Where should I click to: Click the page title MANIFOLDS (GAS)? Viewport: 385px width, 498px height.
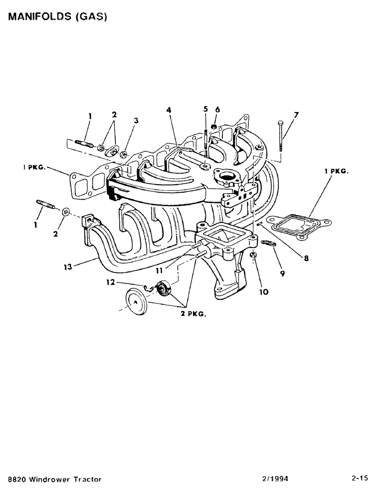click(57, 16)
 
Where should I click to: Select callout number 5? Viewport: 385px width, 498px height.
click(205, 109)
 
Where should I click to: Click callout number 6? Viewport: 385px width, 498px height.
click(217, 109)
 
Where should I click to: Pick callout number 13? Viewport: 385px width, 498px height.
click(68, 267)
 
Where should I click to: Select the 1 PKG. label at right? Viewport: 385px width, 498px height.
click(336, 170)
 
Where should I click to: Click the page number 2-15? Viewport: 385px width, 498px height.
click(359, 479)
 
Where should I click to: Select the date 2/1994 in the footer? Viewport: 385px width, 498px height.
click(275, 479)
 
